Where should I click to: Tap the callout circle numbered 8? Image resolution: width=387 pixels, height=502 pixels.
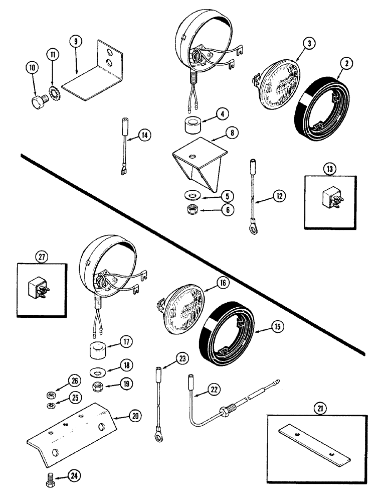tap(232, 133)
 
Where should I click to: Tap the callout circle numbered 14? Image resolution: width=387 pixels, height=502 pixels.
tap(144, 135)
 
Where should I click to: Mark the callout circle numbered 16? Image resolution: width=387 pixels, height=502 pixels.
tap(222, 284)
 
